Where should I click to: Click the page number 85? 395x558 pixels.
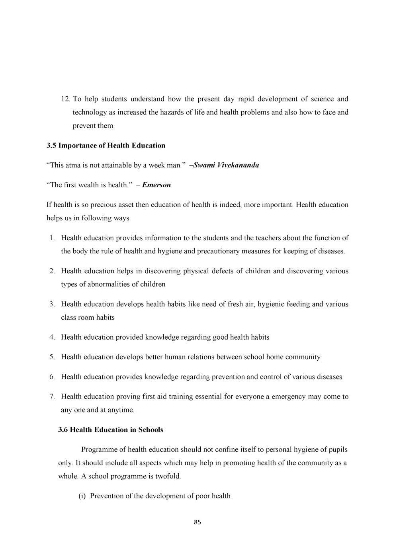pos(197,522)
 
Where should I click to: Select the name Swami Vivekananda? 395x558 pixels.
pos(226,165)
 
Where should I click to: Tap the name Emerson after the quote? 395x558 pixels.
pos(156,185)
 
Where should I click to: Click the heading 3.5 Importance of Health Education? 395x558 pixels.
pos(106,146)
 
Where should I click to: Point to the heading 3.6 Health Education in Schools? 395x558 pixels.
pos(111,430)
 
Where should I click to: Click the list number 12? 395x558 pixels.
pos(66,99)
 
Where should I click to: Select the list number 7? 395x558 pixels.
pos(52,397)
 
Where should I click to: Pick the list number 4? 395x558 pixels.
pos(52,337)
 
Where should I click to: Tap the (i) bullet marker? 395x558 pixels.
pos(82,496)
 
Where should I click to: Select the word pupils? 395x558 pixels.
pos(338,450)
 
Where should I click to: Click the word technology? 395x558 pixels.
pos(90,112)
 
